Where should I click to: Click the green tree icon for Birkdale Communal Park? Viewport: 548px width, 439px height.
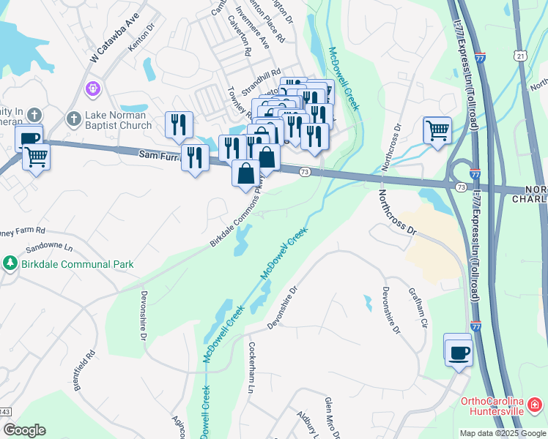click(x=10, y=263)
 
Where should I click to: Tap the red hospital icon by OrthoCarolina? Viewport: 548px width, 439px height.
click(x=535, y=403)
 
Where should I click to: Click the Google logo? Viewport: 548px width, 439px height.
click(x=24, y=430)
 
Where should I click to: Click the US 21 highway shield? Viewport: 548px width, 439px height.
click(x=519, y=56)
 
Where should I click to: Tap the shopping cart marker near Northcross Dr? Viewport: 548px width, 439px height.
click(x=437, y=131)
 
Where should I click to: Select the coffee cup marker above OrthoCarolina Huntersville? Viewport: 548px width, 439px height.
click(x=458, y=351)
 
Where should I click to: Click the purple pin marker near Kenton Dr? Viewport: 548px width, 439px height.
click(x=92, y=89)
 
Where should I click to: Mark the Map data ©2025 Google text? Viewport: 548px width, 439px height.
click(x=503, y=433)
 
